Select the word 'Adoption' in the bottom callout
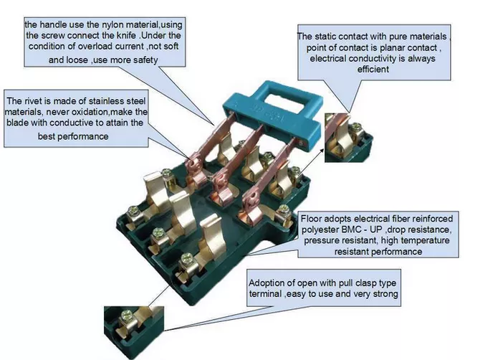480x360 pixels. coord(269,283)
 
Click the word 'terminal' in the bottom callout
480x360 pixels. coord(266,295)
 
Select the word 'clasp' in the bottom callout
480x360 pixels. coord(357,283)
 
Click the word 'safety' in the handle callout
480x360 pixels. coord(141,61)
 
